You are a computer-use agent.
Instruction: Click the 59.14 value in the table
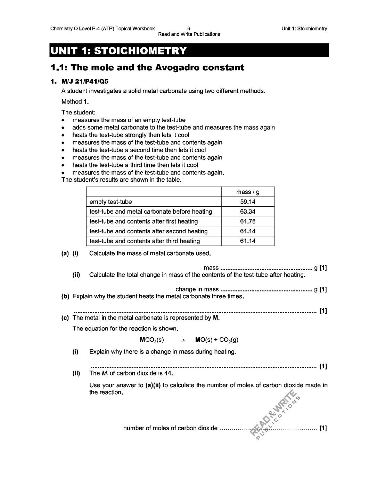(x=248, y=202)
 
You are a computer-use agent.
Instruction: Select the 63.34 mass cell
(x=248, y=212)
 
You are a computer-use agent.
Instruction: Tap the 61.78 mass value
(x=248, y=221)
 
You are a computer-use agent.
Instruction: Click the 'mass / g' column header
(x=248, y=192)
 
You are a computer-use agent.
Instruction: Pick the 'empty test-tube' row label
(x=110, y=202)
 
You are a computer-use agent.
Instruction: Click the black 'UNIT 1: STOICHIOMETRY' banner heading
(x=118, y=51)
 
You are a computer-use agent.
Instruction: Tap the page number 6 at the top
(x=189, y=28)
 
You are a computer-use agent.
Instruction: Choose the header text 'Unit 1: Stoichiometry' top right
(x=304, y=28)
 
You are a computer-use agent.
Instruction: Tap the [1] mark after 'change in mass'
(x=323, y=289)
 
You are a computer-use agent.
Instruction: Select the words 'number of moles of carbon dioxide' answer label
(x=170, y=428)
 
